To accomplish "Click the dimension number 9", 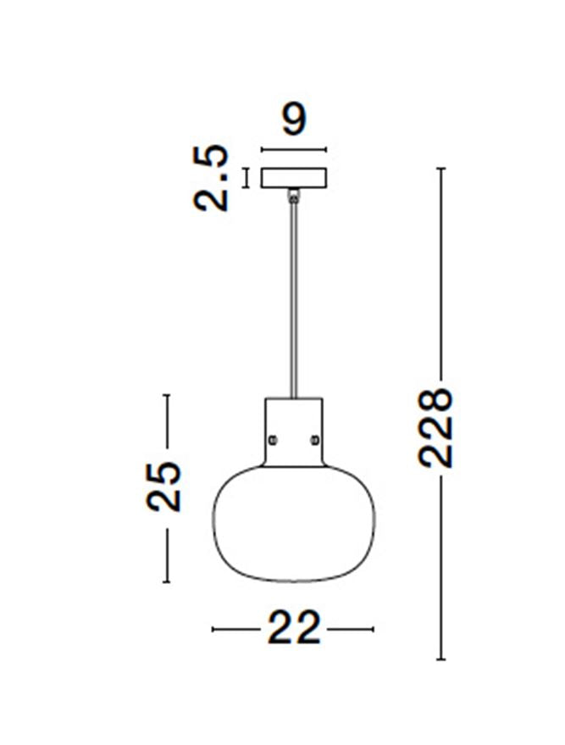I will [293, 121].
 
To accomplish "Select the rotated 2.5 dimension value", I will [212, 178].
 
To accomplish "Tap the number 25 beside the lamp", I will [164, 486].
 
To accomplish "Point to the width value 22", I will [294, 629].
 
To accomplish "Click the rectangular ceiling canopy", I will [293, 178].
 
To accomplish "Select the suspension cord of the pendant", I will [293, 297].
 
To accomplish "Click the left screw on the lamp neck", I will [273, 439].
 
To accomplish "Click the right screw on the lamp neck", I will [315, 439].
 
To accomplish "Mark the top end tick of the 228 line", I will [440, 169].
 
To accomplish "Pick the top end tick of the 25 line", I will [167, 395].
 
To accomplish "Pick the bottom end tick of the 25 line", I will [167, 581].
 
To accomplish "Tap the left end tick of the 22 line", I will [213, 629].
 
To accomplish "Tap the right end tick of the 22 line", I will [373, 629].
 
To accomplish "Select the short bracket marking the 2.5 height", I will [246, 178].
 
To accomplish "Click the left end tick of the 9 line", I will [262, 150].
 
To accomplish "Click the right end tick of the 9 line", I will [326, 150].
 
